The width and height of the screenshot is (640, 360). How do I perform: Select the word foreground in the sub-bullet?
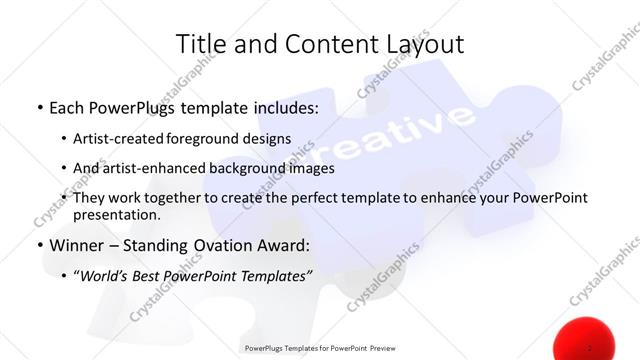pyautogui.click(x=207, y=139)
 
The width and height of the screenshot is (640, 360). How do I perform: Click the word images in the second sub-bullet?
pyautogui.click(x=311, y=168)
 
